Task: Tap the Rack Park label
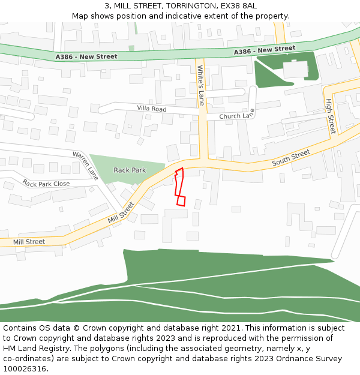click(130, 170)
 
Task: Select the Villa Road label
click(151, 109)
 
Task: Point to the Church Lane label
click(237, 115)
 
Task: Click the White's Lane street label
click(201, 85)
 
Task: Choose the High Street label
click(330, 116)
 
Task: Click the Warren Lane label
click(85, 166)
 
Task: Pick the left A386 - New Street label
click(86, 56)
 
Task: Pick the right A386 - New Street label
click(265, 50)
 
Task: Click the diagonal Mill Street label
click(121, 212)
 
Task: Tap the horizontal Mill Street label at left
click(29, 242)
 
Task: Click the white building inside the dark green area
click(295, 69)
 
